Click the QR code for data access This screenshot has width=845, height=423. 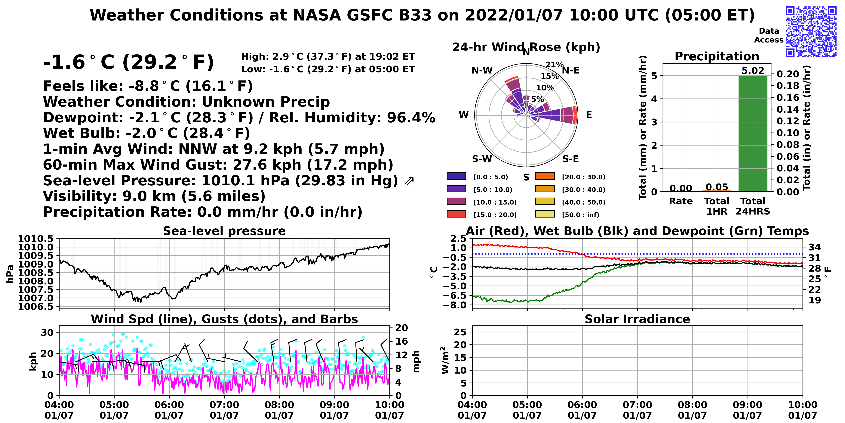811,32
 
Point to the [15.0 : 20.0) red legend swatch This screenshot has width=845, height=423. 456,214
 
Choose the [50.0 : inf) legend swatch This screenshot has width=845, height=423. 545,214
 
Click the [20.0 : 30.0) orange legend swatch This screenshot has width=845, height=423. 545,176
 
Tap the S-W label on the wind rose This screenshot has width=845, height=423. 482,159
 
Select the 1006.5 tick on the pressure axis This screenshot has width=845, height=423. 36,307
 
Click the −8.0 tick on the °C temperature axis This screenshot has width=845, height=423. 455,305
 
